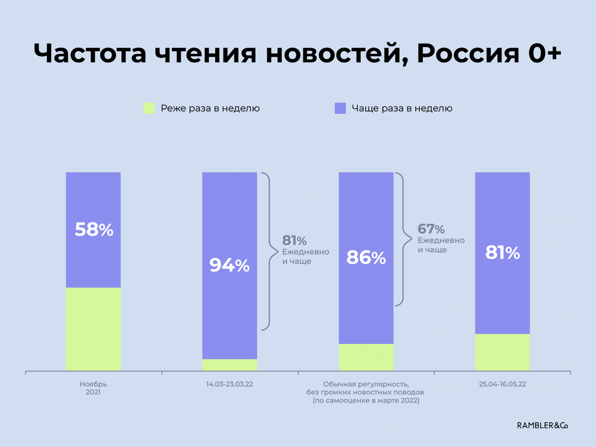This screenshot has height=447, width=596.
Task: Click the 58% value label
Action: [94, 229]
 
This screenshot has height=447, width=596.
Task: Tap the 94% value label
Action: [229, 265]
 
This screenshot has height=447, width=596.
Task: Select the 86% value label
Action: [366, 257]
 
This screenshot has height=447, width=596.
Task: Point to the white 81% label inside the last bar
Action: [502, 253]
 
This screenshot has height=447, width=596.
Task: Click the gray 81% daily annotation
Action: [294, 241]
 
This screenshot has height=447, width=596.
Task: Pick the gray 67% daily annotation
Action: [431, 229]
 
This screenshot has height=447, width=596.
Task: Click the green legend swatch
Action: [149, 108]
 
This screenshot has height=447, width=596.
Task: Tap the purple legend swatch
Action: [340, 108]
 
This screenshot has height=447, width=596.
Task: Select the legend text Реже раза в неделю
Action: [210, 108]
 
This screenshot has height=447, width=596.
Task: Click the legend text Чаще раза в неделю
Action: [402, 108]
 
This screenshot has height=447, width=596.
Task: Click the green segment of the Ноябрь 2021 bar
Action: [93, 329]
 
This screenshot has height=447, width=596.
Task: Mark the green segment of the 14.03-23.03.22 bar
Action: [229, 365]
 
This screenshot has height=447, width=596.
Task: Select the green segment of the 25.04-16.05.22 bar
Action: [502, 352]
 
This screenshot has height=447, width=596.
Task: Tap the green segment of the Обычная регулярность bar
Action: [366, 357]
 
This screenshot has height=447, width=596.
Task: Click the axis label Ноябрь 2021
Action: [93, 388]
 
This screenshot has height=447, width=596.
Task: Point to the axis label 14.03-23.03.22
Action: [229, 384]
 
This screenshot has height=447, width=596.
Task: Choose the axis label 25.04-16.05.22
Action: [502, 384]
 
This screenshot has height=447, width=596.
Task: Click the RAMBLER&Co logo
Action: [542, 425]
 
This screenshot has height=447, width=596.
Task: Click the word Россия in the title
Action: [468, 53]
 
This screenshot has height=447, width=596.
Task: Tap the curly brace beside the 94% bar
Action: [270, 251]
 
